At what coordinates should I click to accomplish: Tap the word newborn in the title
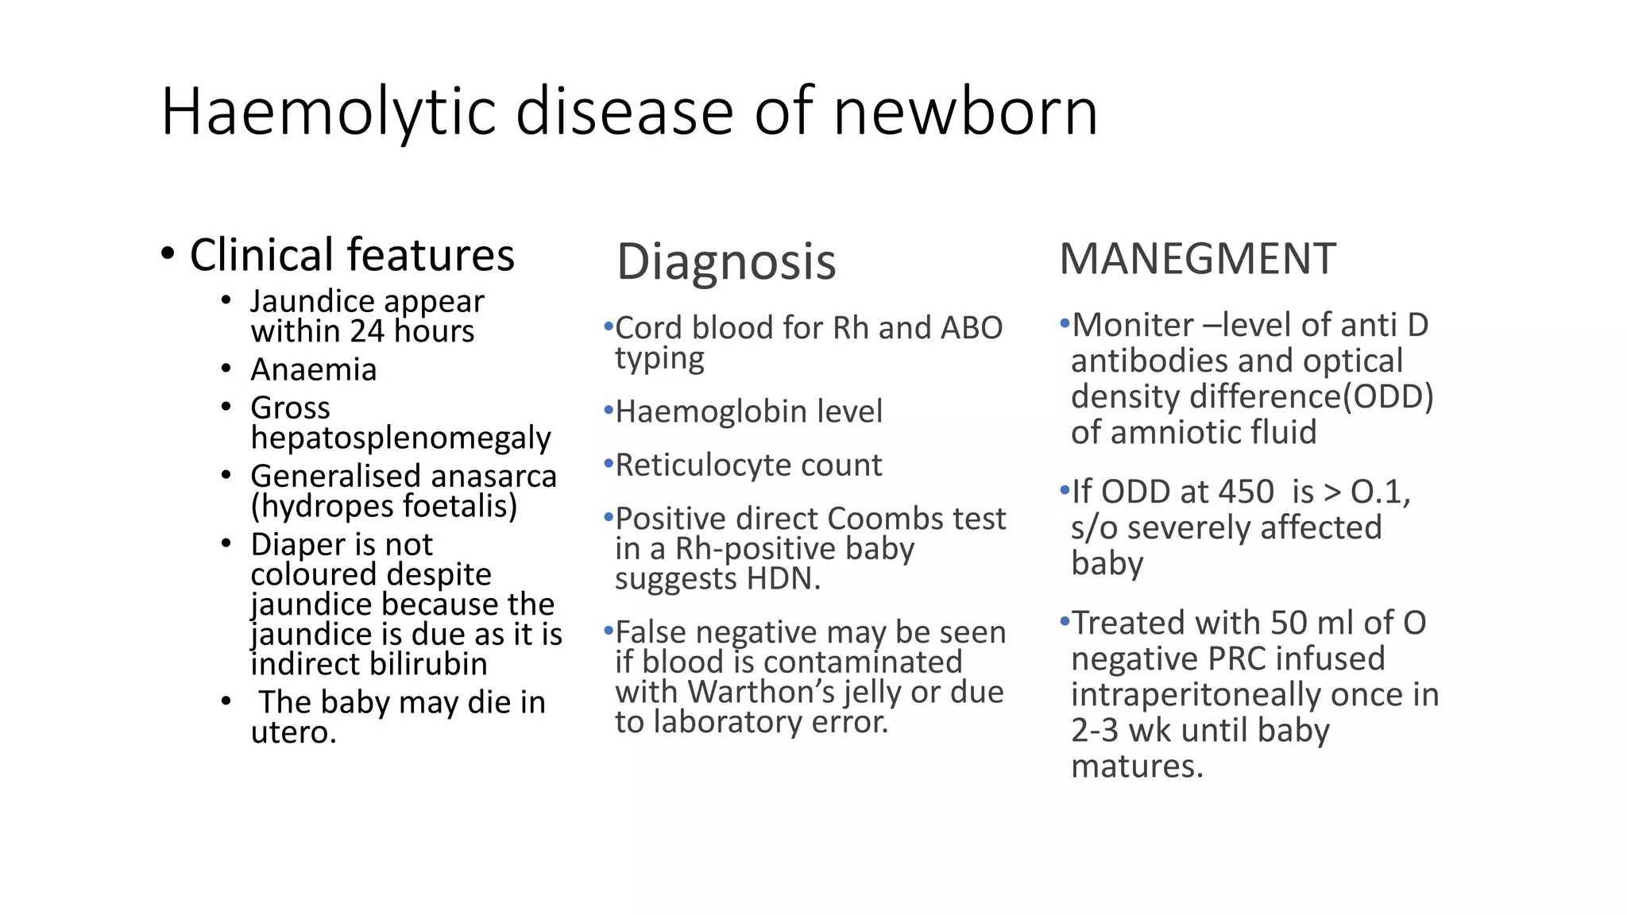[965, 113]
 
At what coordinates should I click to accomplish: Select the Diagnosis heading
[726, 262]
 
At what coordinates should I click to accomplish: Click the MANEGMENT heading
[1197, 260]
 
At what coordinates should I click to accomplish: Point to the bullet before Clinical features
[168, 255]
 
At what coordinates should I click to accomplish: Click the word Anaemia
[314, 370]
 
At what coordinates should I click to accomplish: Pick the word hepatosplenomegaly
[400, 438]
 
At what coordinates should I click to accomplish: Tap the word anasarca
[500, 477]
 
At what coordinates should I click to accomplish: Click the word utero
[292, 732]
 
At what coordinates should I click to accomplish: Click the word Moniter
[1132, 326]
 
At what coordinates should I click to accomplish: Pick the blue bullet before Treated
[1065, 620]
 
